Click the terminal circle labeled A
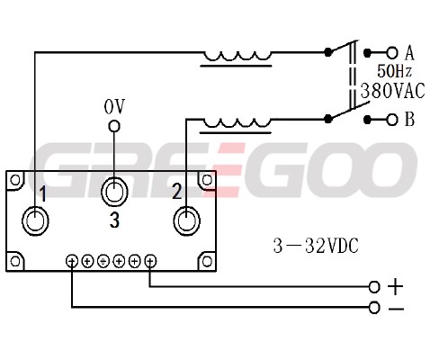[391, 53]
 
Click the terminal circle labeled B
[391, 120]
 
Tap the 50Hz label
[394, 71]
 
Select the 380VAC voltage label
[392, 91]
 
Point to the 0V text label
[114, 107]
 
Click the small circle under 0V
[114, 126]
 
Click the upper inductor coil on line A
[237, 57]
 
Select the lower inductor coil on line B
[237, 123]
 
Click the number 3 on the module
[114, 220]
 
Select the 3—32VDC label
[316, 247]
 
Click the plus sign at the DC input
[395, 286]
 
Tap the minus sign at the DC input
[396, 309]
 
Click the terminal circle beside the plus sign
[374, 287]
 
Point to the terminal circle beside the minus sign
[374, 308]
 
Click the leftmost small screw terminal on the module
[72, 261]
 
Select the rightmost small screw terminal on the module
[150, 261]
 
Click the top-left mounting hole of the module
[15, 180]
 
